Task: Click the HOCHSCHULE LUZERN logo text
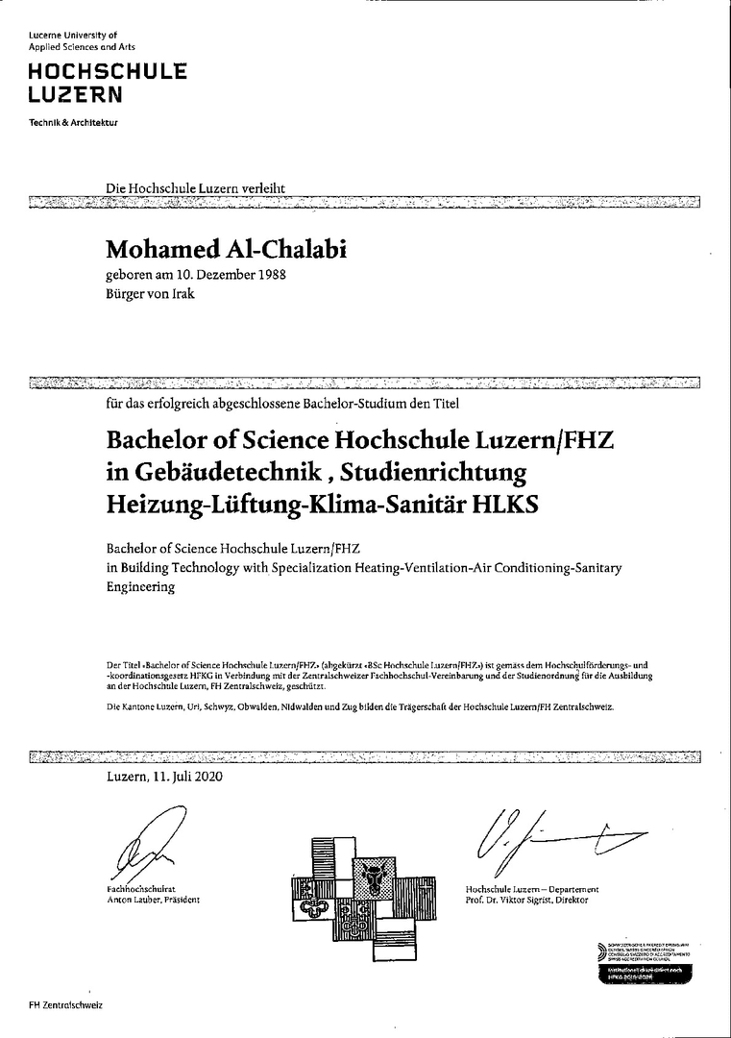[x=107, y=83]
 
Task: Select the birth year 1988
[x=270, y=275]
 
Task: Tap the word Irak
[x=183, y=293]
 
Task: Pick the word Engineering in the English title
[x=141, y=586]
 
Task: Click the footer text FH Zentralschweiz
[x=65, y=1004]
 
